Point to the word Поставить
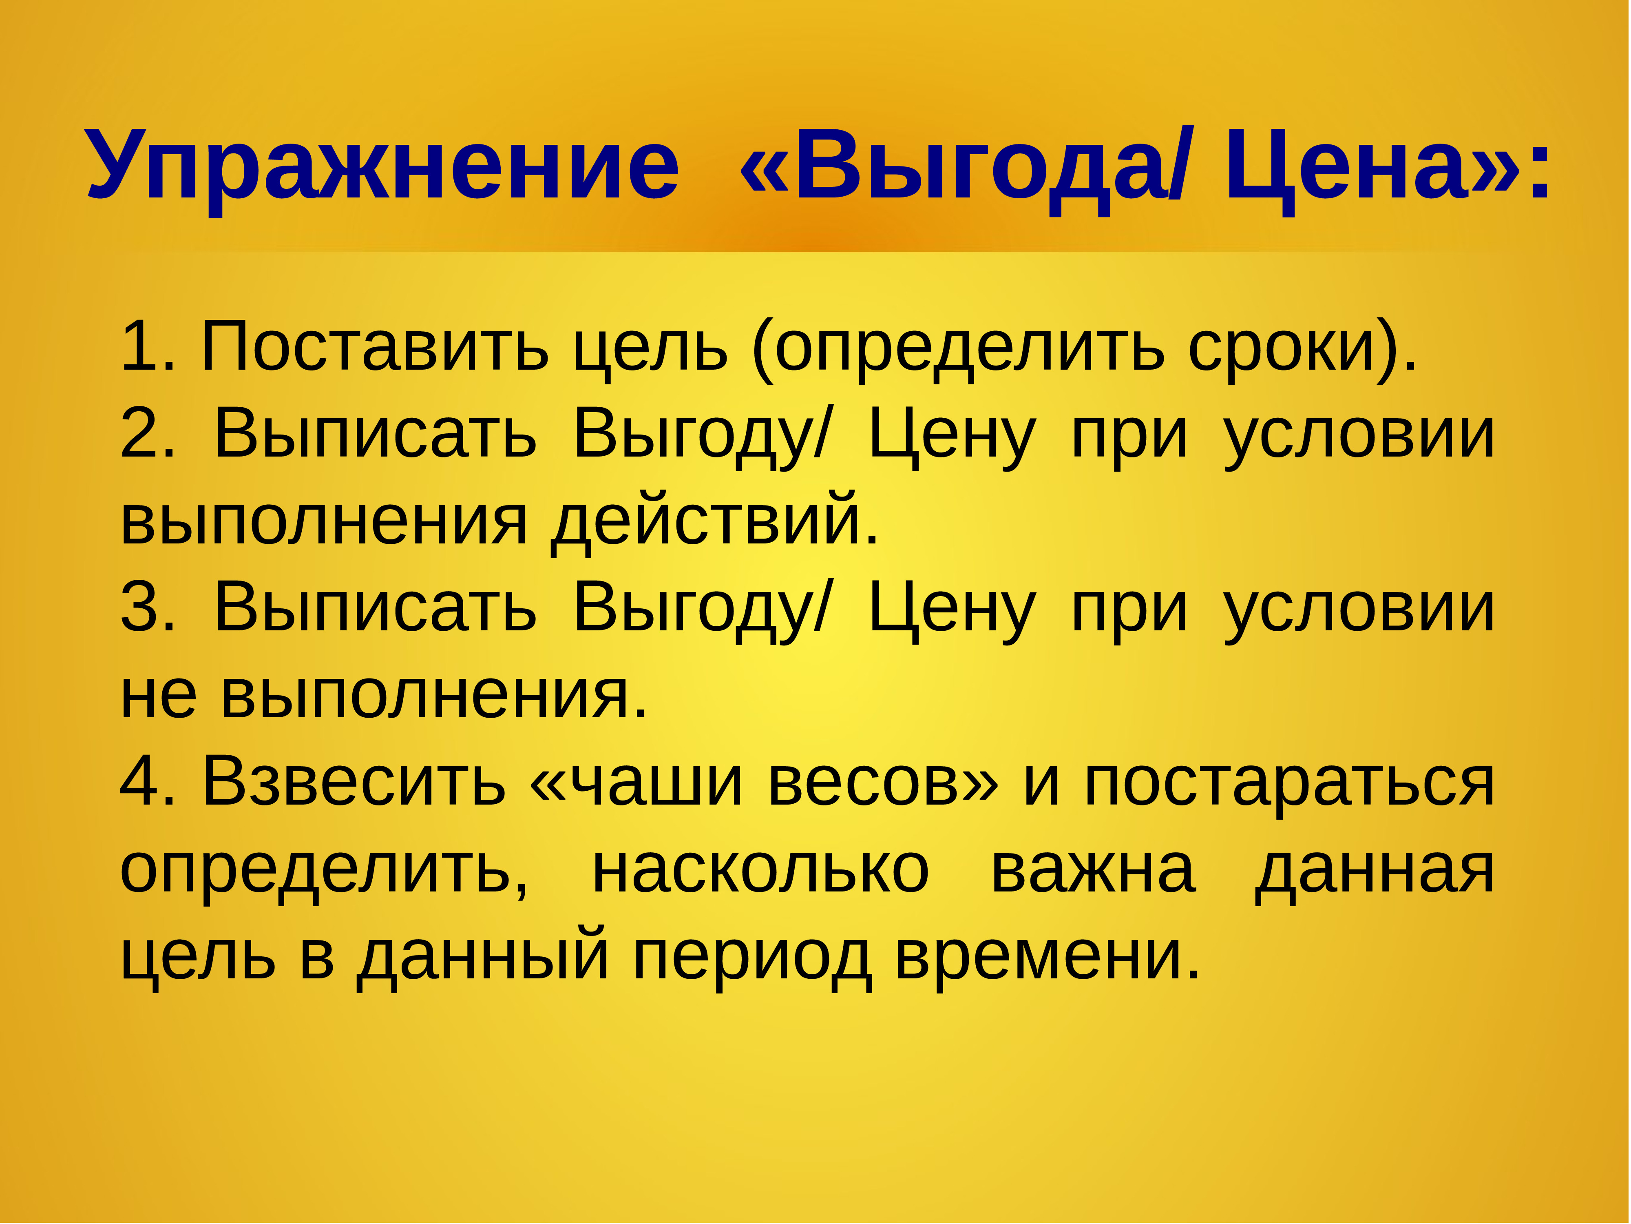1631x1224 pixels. pyautogui.click(x=375, y=347)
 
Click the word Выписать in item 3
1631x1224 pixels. pyautogui.click(x=375, y=609)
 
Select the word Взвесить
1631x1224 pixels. pyautogui.click(x=354, y=782)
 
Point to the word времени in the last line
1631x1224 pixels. pyautogui.click(x=1047, y=958)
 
